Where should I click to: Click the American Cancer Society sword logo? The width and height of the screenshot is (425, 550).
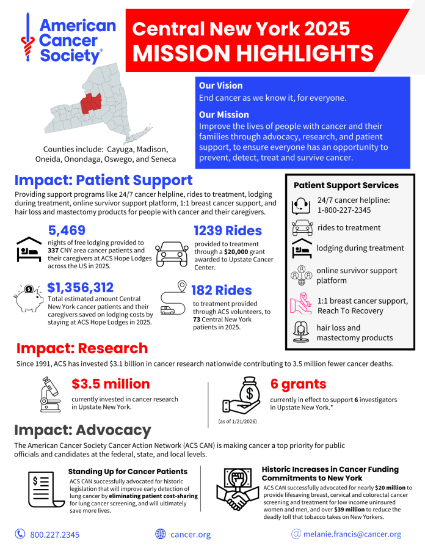coord(25,38)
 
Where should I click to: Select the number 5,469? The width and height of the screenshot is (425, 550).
coord(67,230)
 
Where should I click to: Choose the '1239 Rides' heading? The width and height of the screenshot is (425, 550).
coord(228,231)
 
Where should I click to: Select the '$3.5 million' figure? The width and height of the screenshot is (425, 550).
coord(111,384)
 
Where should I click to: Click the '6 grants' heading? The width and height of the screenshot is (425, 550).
coord(298,384)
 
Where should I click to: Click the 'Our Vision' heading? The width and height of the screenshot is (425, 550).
coord(220,86)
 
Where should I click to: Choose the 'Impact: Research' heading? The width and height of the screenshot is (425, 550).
coord(82,348)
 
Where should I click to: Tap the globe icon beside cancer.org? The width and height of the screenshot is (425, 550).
coord(161,534)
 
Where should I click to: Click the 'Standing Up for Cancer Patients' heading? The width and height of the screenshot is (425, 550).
coord(128,471)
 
